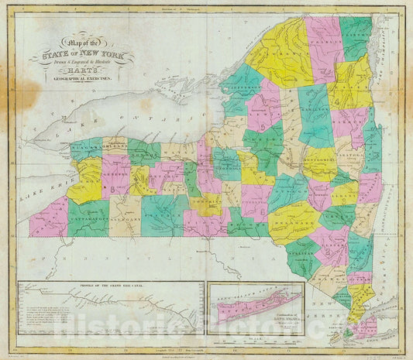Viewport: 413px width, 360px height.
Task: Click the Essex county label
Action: (349, 88)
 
